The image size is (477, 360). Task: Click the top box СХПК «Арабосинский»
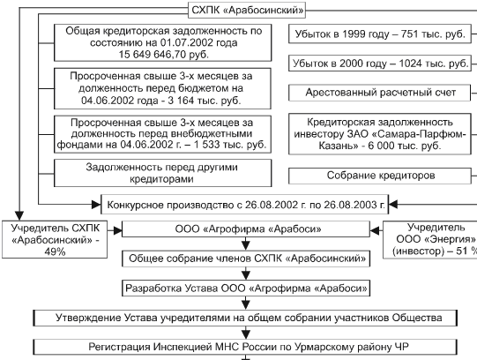tap(247, 11)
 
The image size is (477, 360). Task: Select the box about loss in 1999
tap(380, 34)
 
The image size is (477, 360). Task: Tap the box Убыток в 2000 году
tap(380, 64)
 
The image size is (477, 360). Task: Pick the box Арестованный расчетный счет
tap(380, 93)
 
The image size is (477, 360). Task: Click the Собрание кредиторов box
tap(380, 176)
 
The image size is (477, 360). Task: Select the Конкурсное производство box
tap(245, 205)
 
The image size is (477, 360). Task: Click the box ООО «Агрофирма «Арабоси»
tap(246, 229)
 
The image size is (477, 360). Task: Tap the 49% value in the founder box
tap(55, 251)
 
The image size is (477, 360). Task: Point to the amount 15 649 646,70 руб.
tap(164, 55)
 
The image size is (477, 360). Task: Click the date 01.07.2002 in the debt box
tap(187, 42)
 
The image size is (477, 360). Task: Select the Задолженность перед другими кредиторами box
tap(163, 173)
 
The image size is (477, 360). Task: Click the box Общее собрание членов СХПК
tap(246, 259)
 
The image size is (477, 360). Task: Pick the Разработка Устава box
tap(246, 289)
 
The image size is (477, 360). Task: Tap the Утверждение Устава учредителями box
tap(245, 318)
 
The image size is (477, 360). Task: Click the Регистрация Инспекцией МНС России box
tap(245, 347)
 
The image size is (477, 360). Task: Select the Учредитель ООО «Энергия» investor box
tap(430, 240)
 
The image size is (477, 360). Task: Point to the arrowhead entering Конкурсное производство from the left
tap(96, 205)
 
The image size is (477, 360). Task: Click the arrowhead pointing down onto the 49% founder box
tap(19, 216)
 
